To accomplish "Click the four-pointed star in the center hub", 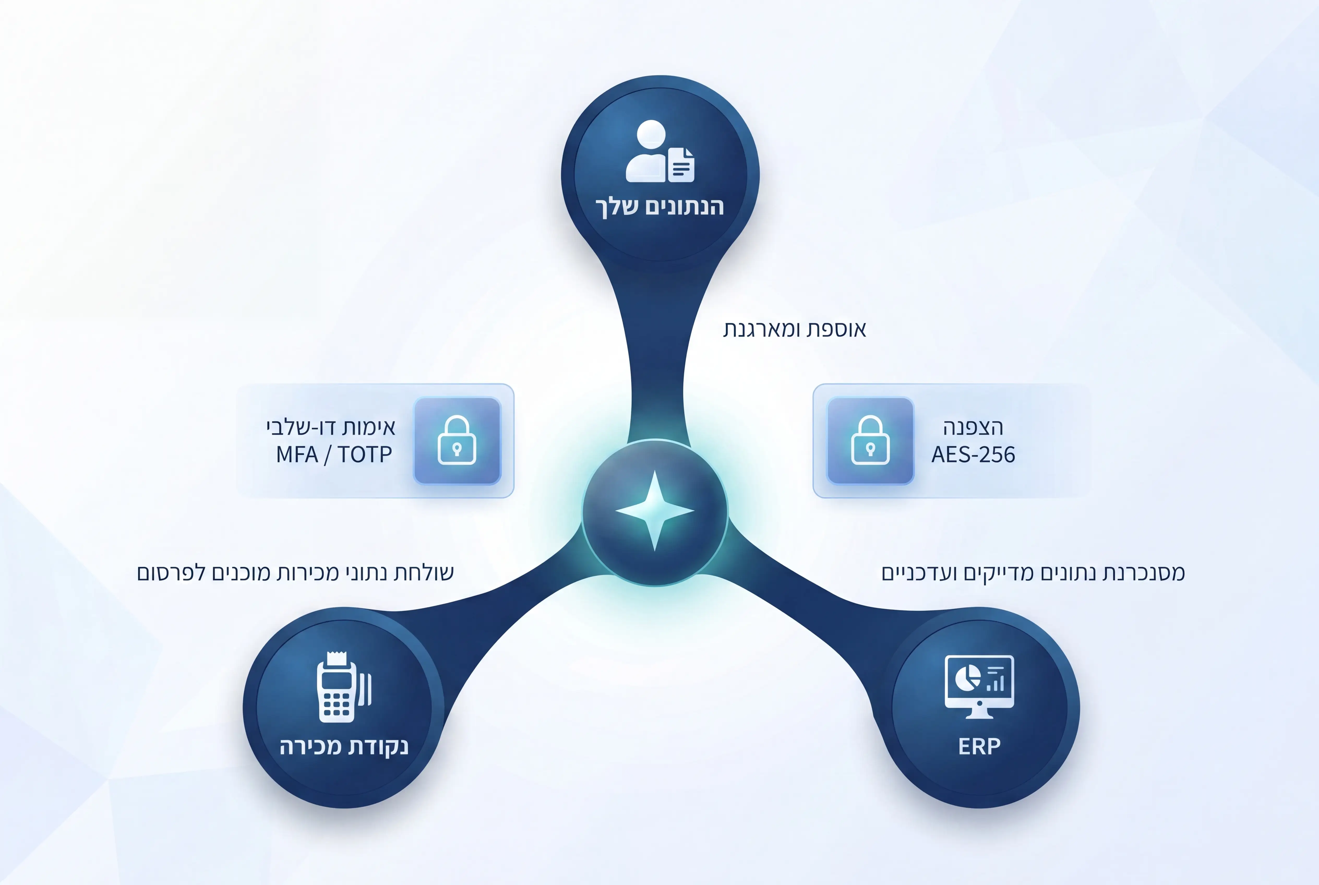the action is (x=655, y=511).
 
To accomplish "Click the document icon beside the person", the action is (x=681, y=165).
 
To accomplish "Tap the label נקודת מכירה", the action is (x=344, y=746).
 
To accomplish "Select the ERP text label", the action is (x=979, y=746).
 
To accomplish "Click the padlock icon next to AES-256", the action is (x=870, y=440).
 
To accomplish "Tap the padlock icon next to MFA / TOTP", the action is (x=457, y=440).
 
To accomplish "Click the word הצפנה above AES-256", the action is (x=973, y=427).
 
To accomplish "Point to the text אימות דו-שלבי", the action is (x=331, y=427).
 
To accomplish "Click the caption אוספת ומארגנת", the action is (x=795, y=329).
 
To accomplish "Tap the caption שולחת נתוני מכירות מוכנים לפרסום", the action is (x=295, y=573).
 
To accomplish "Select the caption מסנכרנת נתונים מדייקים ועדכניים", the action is (x=1033, y=573).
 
